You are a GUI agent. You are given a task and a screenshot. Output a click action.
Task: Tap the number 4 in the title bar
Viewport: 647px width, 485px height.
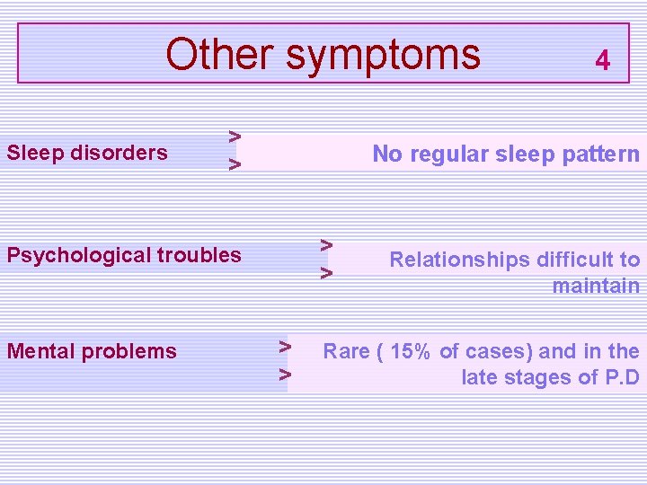603,61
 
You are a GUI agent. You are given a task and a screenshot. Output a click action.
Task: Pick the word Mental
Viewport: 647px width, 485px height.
37,351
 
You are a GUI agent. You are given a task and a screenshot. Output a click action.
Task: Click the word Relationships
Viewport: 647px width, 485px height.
459,260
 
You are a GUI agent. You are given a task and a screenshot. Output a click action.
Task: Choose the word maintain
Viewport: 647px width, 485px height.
596,287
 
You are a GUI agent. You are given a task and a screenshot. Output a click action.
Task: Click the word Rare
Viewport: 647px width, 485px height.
346,351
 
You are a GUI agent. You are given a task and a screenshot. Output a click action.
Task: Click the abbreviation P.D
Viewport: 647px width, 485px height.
621,377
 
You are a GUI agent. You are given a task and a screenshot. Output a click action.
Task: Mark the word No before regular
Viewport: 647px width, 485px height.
387,154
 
